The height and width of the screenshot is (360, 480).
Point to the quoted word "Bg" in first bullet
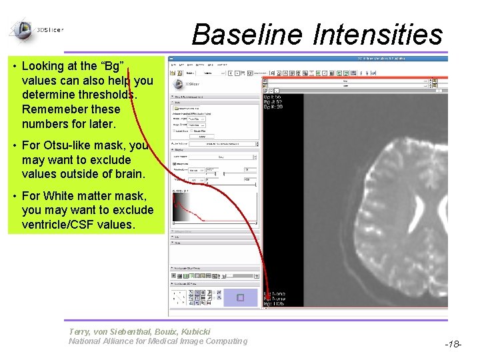pos(113,66)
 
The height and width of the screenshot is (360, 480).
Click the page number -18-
pos(453,344)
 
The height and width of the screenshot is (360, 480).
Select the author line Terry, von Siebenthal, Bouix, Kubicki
pos(139,331)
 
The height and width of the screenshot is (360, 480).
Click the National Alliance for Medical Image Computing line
pos(157,341)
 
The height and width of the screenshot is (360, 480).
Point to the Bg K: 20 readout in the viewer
pos(274,107)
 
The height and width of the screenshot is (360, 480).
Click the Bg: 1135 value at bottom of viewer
pos(275,305)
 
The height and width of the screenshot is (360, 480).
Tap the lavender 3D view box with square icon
pos(241,297)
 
